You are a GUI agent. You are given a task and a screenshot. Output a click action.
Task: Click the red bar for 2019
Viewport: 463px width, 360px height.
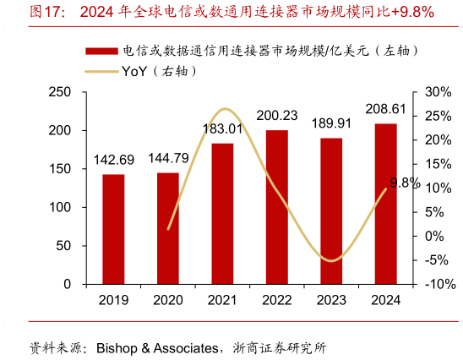[x=113, y=229]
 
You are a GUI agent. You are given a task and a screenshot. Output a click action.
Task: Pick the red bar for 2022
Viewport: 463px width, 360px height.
[x=276, y=207]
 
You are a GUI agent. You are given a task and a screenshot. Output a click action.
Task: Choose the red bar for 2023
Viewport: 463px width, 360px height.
[x=331, y=211]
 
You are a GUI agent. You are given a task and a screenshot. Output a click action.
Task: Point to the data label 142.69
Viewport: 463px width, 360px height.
[x=113, y=161]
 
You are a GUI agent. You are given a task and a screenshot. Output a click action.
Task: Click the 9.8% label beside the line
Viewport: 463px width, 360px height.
[x=405, y=183]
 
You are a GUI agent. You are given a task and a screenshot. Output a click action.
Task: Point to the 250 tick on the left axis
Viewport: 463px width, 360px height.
[x=60, y=92]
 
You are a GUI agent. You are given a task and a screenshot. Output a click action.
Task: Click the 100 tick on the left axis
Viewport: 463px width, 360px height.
[x=60, y=208]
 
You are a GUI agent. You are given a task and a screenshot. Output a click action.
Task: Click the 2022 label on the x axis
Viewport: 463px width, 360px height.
[x=276, y=300]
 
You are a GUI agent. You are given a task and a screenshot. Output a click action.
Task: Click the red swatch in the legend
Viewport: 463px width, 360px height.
[x=101, y=50]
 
